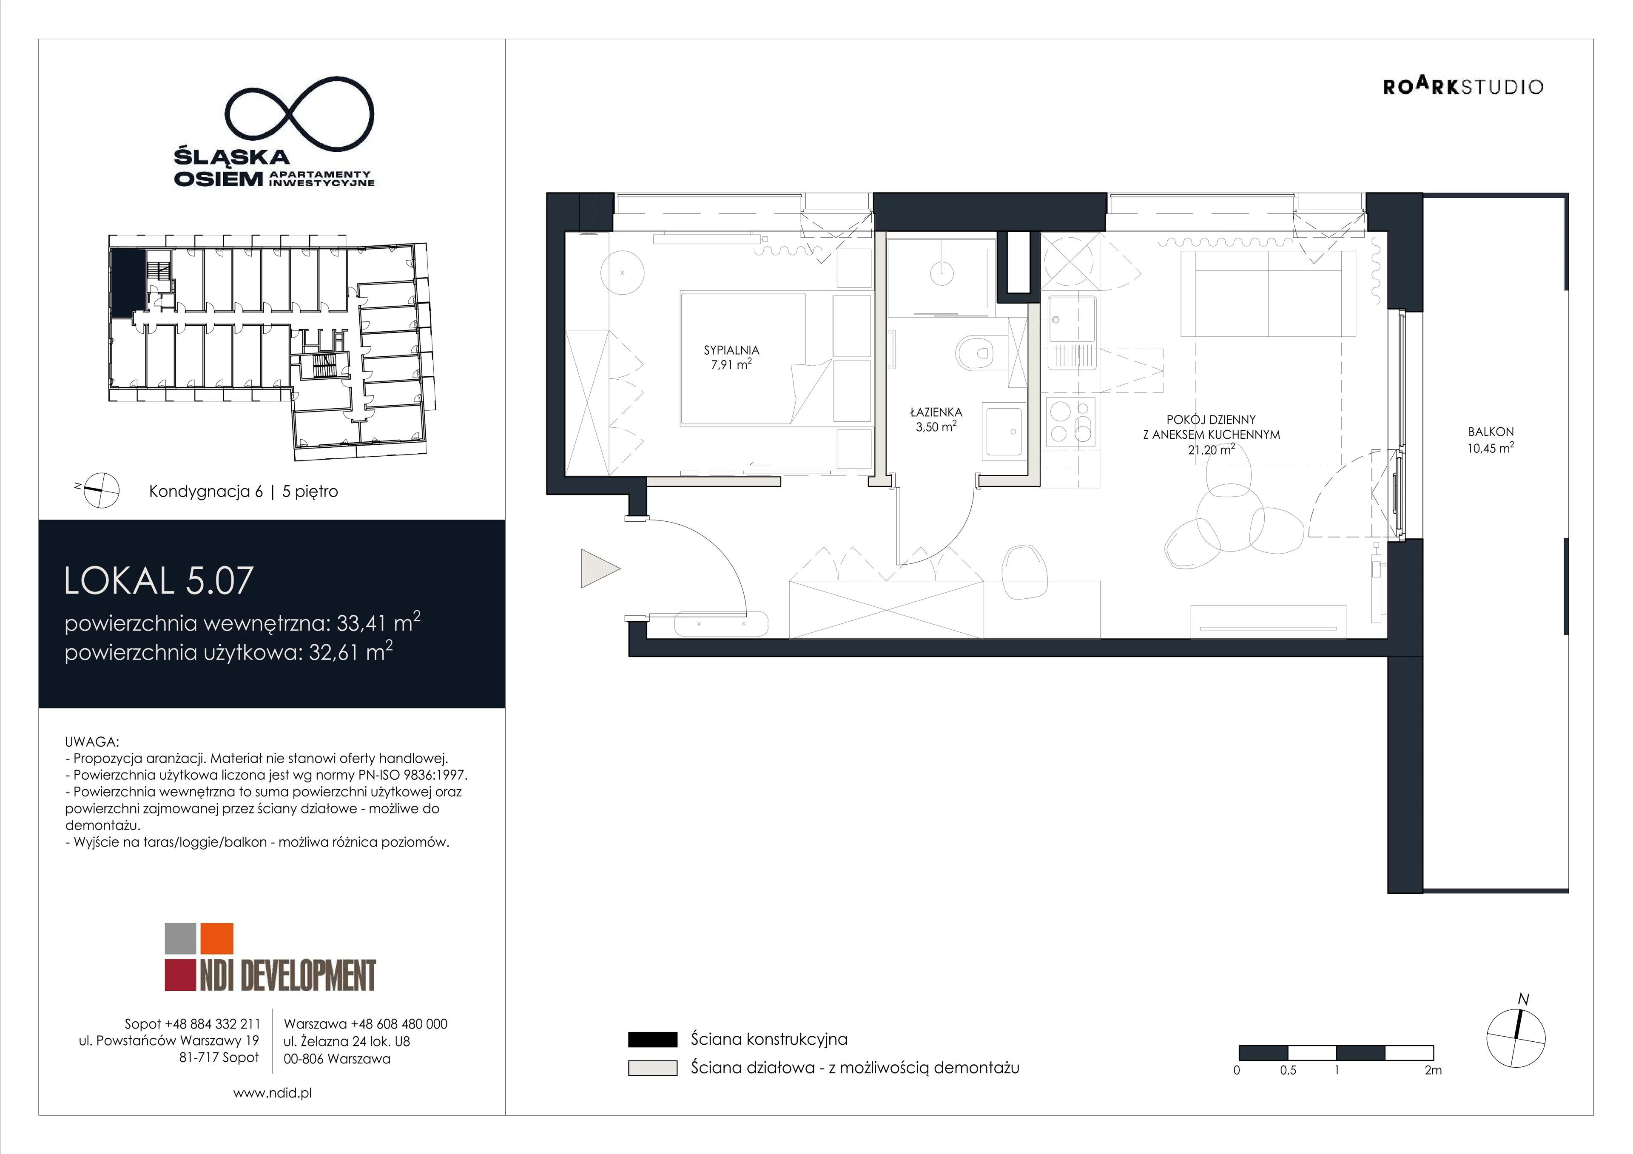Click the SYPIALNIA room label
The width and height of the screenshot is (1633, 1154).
tap(731, 350)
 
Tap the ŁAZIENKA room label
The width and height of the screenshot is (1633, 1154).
tap(936, 412)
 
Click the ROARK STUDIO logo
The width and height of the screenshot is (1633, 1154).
tap(1463, 86)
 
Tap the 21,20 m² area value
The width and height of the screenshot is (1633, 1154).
tap(1211, 449)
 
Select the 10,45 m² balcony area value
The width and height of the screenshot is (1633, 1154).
tap(1491, 448)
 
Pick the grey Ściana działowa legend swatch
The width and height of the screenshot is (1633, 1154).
tap(652, 1068)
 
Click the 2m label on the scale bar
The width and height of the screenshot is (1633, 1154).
tap(1433, 1070)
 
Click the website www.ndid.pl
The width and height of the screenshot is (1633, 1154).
tap(273, 1093)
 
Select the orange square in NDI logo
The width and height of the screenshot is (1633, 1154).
tap(217, 938)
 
